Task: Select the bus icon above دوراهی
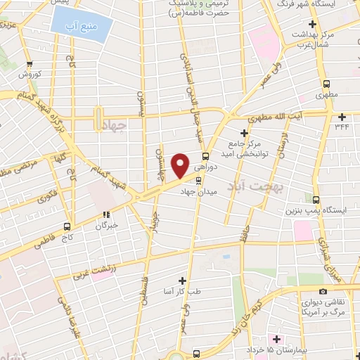tap(205, 156)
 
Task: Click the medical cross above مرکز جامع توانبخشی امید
tap(245, 133)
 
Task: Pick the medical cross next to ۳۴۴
tap(342, 117)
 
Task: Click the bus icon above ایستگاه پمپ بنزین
tap(316, 199)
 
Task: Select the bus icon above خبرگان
tap(107, 216)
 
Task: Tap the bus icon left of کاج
tap(67, 226)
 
